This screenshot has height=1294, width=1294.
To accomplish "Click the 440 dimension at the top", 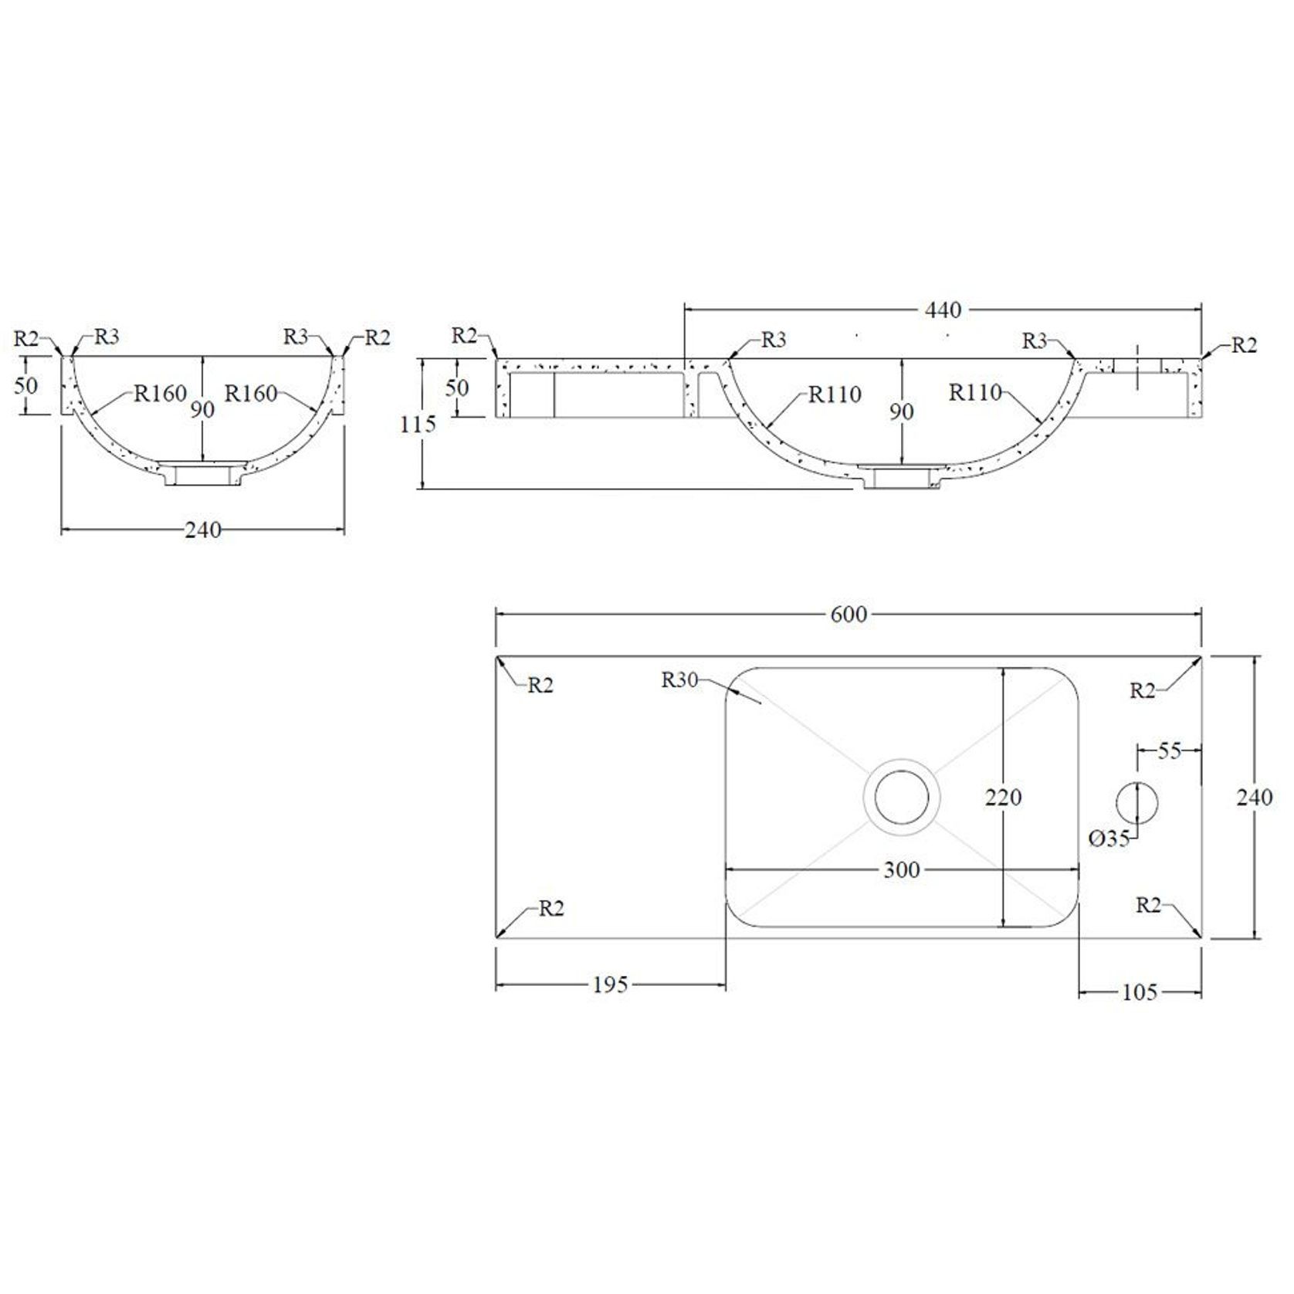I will click(943, 310).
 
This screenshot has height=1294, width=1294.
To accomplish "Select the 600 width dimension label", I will click(849, 615).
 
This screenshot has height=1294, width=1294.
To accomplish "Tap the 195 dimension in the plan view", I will click(610, 985).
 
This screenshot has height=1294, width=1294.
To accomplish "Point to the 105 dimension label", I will click(1140, 992).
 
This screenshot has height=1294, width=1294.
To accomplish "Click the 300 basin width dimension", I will click(901, 871).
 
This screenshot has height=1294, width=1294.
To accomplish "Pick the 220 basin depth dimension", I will click(1003, 797).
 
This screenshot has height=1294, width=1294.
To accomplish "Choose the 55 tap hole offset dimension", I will click(1170, 750).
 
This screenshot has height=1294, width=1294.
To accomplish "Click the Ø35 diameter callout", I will click(1109, 838).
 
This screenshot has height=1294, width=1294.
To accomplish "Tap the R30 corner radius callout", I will click(679, 680).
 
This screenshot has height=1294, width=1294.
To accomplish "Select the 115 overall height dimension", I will click(418, 424).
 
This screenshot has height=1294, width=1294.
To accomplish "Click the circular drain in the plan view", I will click(901, 798).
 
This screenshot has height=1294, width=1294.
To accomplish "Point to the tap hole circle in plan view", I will click(1137, 802).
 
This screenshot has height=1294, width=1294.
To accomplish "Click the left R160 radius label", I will click(161, 394).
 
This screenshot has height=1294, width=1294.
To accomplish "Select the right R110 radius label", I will click(975, 393).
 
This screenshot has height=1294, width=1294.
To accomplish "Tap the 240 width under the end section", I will click(202, 530).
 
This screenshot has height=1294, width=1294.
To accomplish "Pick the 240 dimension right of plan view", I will click(1254, 798).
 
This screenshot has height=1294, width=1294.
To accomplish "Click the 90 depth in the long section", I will click(901, 412).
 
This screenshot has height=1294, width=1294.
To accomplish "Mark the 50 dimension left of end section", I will click(25, 385).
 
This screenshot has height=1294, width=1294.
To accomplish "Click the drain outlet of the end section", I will click(203, 474).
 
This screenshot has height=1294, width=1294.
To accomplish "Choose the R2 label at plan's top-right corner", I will click(1142, 691).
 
